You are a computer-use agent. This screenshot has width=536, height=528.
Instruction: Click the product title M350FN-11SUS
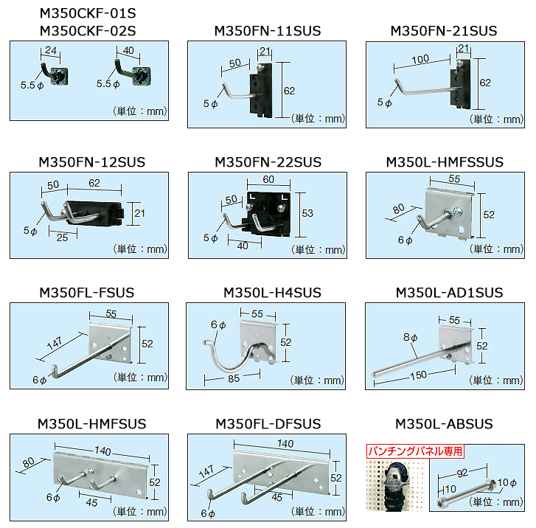coord(268,31)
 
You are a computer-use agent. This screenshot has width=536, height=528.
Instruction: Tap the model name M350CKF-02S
coord(88,31)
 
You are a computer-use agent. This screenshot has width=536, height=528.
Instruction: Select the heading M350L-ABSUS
coord(444,424)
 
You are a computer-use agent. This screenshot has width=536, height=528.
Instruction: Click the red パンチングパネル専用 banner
coord(415,451)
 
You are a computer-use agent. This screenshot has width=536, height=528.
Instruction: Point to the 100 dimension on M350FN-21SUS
coord(420,60)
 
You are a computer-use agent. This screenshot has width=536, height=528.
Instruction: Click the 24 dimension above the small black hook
coord(51,50)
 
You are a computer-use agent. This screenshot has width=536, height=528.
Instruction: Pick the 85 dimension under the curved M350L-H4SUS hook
coord(234,379)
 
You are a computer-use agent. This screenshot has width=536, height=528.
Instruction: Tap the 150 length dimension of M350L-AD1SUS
coord(418,375)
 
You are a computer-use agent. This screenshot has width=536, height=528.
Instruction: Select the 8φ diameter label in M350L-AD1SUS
coord(410,338)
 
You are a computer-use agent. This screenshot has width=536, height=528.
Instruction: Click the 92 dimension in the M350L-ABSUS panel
coord(462,473)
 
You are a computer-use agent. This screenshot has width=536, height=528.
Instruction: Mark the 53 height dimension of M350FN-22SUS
coord(307,213)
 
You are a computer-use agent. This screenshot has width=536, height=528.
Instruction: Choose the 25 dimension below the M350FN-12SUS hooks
coord(62,237)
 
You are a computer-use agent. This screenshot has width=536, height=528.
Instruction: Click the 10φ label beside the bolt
coord(507,482)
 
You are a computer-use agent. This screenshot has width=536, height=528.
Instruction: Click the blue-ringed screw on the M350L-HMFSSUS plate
coord(457,212)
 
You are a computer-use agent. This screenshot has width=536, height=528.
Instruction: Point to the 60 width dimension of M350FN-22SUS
coord(268,179)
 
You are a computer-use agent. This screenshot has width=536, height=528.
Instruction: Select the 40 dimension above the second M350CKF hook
coord(128,50)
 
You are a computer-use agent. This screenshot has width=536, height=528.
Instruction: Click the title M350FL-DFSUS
coord(268,424)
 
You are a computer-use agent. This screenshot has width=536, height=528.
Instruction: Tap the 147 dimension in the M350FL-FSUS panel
coord(55,344)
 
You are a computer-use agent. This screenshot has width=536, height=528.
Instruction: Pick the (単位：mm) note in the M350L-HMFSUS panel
coord(140,512)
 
